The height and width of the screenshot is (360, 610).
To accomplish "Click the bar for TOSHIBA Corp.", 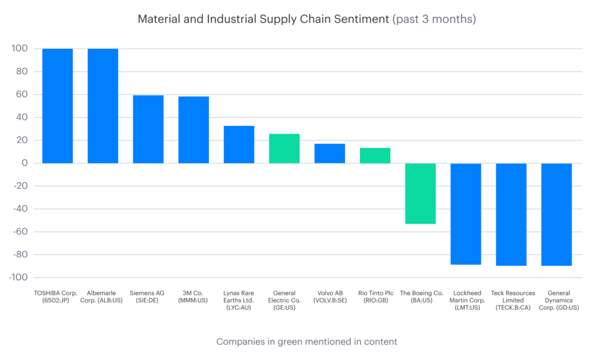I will [x=57, y=105].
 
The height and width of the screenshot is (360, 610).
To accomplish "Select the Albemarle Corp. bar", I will [x=102, y=105].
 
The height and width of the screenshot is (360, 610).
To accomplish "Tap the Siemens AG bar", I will [x=148, y=129].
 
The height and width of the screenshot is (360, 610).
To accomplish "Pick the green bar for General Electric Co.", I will [x=284, y=148].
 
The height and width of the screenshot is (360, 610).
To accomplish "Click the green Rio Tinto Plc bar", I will [x=375, y=156].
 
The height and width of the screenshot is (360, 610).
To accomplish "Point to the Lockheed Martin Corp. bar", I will [x=466, y=213].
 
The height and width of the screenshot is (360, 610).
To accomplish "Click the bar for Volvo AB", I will [x=329, y=153].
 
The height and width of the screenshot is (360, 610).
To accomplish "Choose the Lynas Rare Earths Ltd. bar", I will [x=239, y=144].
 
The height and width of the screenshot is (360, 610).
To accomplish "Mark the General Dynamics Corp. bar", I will [x=556, y=214].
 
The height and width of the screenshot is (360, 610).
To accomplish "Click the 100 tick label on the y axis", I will [x=19, y=49].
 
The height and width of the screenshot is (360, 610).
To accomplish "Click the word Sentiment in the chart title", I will [x=357, y=19].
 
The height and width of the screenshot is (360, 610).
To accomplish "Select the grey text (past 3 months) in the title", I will [x=434, y=19].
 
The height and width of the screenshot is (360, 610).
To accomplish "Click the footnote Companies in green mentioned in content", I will [x=306, y=342].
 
